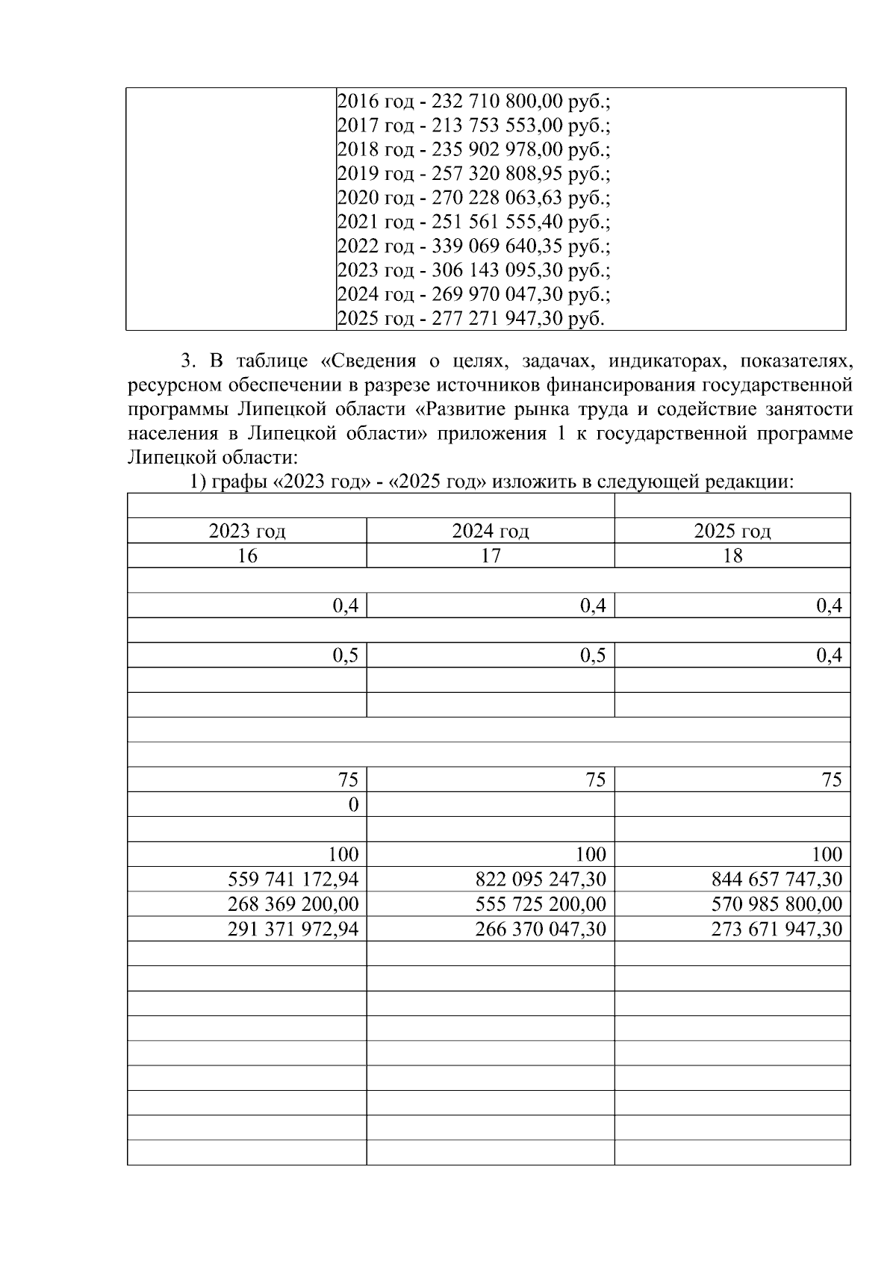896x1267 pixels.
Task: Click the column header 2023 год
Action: click(247, 532)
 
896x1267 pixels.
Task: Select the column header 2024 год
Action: click(491, 532)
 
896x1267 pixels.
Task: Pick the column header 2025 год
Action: click(732, 532)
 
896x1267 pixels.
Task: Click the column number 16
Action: click(247, 556)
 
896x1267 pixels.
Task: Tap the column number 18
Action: click(732, 556)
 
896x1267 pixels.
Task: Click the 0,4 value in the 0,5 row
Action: click(829, 656)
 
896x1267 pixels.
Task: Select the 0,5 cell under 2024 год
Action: click(593, 656)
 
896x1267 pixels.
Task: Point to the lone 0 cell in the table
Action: click(353, 805)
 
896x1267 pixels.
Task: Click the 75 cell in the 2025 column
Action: click(831, 780)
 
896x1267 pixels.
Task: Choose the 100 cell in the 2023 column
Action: click(343, 854)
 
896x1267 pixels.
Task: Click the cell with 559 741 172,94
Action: click(293, 880)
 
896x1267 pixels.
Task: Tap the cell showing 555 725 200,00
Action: click(541, 905)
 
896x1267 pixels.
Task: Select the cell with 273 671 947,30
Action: click(777, 930)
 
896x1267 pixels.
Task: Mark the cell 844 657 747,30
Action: click(777, 880)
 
